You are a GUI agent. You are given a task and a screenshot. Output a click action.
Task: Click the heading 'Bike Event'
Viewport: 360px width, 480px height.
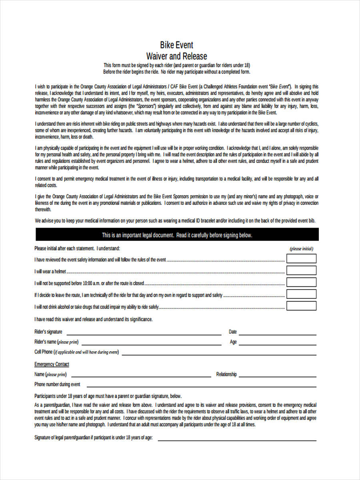click(176, 45)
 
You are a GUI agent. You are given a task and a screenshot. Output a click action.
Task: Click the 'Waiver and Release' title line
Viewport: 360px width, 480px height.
click(176, 56)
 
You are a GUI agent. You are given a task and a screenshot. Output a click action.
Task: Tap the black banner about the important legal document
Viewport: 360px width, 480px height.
click(177, 235)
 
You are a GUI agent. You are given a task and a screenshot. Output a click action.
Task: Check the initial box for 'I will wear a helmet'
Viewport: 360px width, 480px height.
click(301, 270)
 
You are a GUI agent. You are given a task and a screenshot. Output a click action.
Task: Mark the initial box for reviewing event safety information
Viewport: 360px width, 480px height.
click(301, 259)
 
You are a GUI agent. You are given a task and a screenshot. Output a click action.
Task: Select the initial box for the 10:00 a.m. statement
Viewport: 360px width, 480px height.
click(301, 282)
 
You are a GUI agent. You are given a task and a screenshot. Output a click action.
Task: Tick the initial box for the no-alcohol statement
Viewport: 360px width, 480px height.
click(301, 306)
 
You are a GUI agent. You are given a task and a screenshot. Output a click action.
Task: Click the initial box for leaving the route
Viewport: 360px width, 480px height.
click(301, 294)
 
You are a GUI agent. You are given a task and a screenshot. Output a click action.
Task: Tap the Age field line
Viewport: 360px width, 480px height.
click(278, 344)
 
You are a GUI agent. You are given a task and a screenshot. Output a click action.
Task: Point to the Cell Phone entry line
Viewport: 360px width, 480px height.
click(219, 354)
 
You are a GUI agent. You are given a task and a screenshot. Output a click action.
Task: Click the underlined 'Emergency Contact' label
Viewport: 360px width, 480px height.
click(52, 364)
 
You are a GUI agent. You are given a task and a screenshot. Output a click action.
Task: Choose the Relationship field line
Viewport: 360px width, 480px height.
click(278, 376)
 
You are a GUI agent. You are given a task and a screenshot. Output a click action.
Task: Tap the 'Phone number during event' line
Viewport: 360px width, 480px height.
click(201, 386)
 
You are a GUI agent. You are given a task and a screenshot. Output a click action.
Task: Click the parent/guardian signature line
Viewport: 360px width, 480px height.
click(237, 440)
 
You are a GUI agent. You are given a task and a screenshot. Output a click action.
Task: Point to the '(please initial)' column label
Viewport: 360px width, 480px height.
click(301, 249)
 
